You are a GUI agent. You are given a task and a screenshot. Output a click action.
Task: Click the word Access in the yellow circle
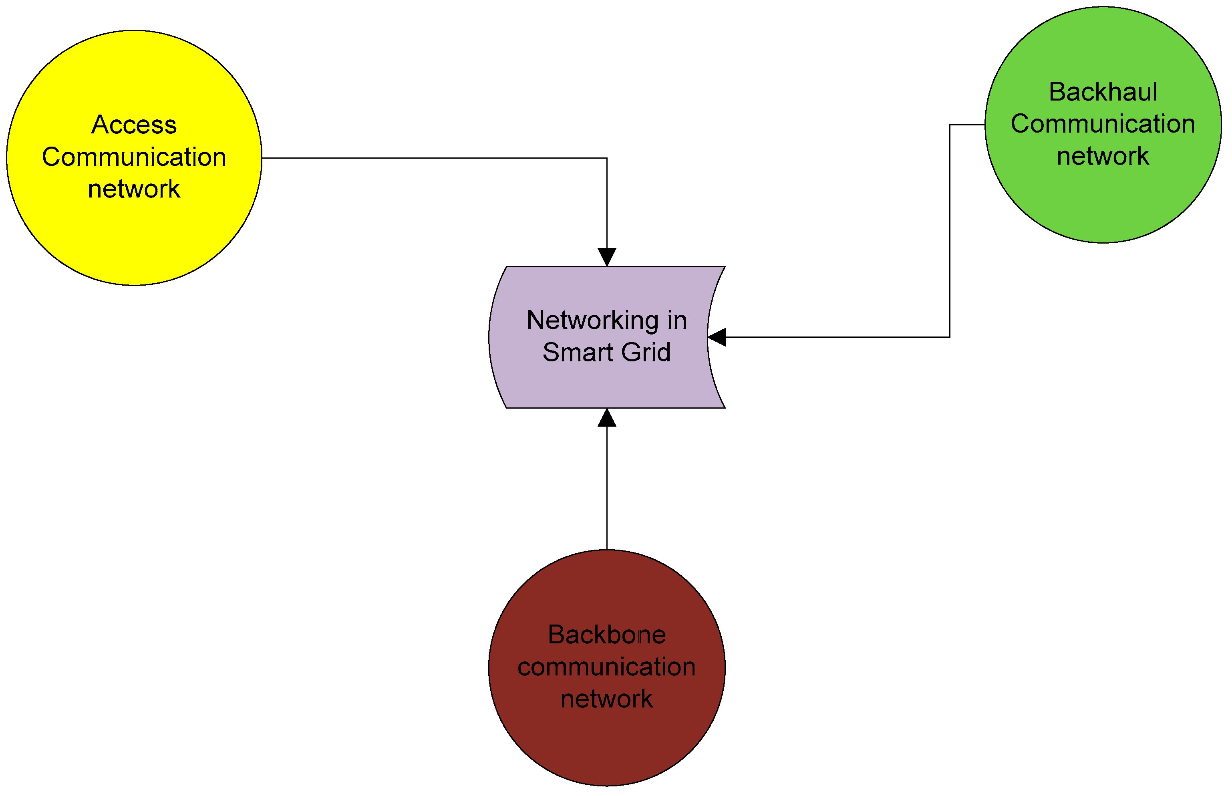[134, 125]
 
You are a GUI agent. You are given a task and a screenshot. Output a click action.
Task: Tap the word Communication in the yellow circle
[134, 157]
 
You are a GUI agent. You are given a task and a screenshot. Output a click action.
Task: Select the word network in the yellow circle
[134, 189]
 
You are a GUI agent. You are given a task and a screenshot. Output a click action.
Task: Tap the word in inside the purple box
[676, 320]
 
